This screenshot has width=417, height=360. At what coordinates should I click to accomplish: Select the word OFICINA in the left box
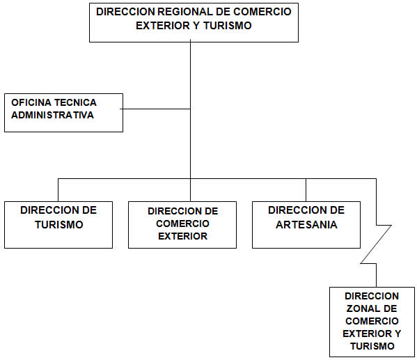point(31,102)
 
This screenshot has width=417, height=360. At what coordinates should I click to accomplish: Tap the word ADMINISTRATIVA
point(52,115)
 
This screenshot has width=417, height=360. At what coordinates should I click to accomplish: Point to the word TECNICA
point(75,102)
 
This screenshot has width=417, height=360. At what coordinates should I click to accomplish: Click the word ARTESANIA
point(306,225)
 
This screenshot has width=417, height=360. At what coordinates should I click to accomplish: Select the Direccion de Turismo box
point(58,225)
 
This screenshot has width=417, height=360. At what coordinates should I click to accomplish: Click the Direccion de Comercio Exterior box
point(182,225)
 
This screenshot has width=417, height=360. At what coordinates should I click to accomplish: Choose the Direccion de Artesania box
point(306,225)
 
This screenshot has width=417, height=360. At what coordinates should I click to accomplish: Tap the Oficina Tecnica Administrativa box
point(63,113)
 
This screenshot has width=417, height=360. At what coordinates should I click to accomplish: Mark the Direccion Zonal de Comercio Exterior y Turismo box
point(372,322)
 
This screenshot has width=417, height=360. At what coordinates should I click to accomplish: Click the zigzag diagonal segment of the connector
point(376,244)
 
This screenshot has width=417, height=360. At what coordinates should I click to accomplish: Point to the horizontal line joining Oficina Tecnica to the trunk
point(155,109)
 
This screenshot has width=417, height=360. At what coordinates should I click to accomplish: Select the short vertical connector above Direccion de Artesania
point(306,190)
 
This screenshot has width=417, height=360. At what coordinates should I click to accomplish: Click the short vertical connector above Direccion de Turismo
point(58,190)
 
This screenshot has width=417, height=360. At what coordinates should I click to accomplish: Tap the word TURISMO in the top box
point(228,26)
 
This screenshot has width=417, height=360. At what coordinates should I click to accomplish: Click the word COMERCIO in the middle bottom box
point(182,224)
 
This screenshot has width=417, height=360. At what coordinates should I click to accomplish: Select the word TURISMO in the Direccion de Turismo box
point(59,225)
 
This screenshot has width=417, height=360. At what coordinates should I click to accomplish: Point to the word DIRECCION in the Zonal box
point(372,296)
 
